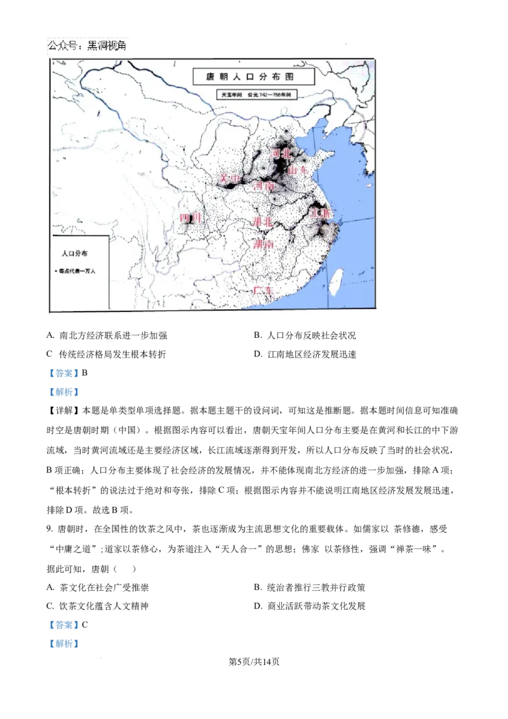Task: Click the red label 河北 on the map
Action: [281, 154]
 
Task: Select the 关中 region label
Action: [230, 180]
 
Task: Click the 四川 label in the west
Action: [190, 218]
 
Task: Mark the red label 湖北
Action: [262, 222]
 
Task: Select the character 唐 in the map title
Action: [211, 77]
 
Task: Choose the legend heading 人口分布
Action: [75, 253]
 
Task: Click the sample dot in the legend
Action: [57, 271]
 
